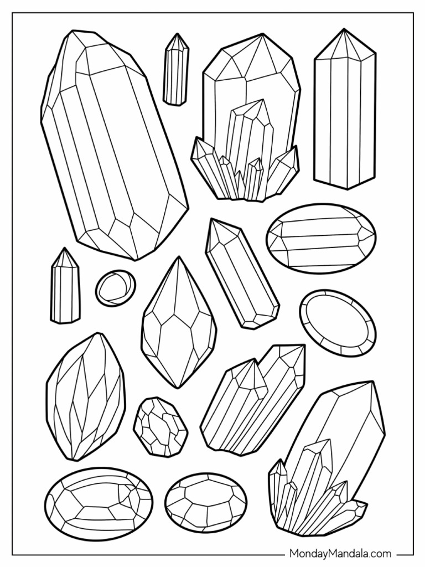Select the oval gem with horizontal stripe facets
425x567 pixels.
[321, 238]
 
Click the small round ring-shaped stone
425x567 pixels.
[115, 287]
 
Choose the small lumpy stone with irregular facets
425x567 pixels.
[160, 427]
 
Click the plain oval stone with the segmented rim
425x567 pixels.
[338, 322]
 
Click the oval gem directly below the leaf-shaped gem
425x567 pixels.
[98, 504]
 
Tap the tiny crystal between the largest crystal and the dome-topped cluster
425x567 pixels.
[176, 69]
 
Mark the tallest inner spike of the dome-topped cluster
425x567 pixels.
[249, 138]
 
